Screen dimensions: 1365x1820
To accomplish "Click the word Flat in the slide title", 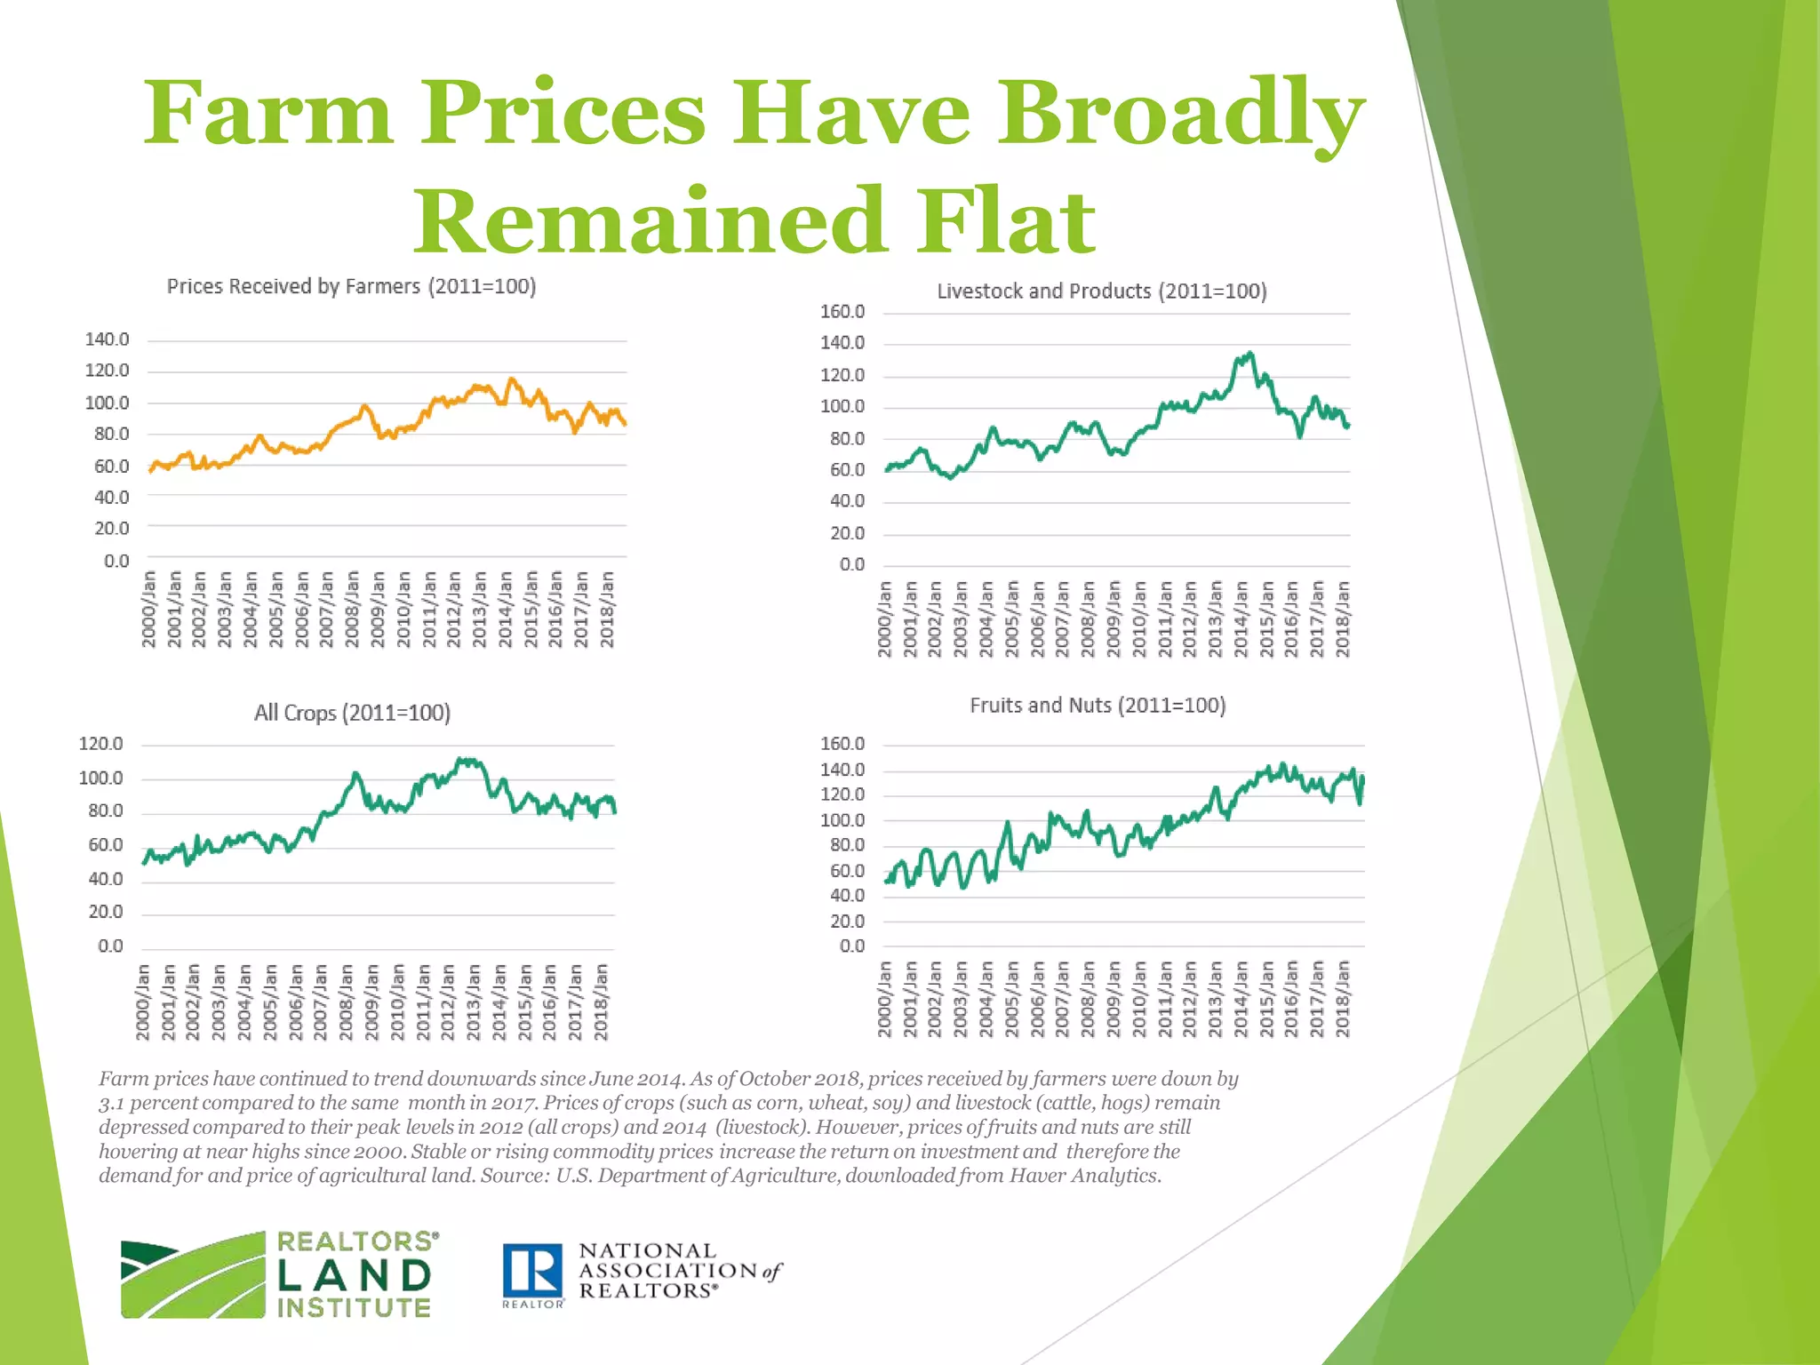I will [x=1007, y=220].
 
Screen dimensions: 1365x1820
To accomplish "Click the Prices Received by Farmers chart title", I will [x=351, y=287].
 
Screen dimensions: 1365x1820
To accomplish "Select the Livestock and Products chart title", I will [x=1101, y=291].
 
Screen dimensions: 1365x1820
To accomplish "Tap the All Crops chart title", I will [x=352, y=713].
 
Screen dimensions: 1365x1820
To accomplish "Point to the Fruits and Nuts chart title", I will [x=1098, y=706].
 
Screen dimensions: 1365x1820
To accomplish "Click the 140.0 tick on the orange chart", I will [x=107, y=339].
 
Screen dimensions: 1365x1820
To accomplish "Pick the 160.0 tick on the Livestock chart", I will [x=842, y=312].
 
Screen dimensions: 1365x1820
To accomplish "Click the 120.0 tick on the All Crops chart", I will [x=100, y=744].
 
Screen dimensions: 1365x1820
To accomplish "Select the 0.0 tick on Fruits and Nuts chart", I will [x=851, y=946].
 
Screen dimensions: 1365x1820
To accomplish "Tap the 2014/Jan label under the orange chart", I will [x=506, y=610].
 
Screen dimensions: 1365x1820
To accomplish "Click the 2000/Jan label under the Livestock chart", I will [x=884, y=619].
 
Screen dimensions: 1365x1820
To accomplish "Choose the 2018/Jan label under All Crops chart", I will [x=601, y=1002].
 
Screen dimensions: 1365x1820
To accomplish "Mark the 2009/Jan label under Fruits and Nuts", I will [x=1114, y=998].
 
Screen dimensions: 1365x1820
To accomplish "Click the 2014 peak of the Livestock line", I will [x=1250, y=354].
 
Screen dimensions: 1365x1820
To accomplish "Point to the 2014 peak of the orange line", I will [x=511, y=380].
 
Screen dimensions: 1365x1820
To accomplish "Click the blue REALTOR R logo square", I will [x=532, y=1271].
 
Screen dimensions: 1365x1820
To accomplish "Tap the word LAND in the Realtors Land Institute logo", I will [x=354, y=1276].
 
